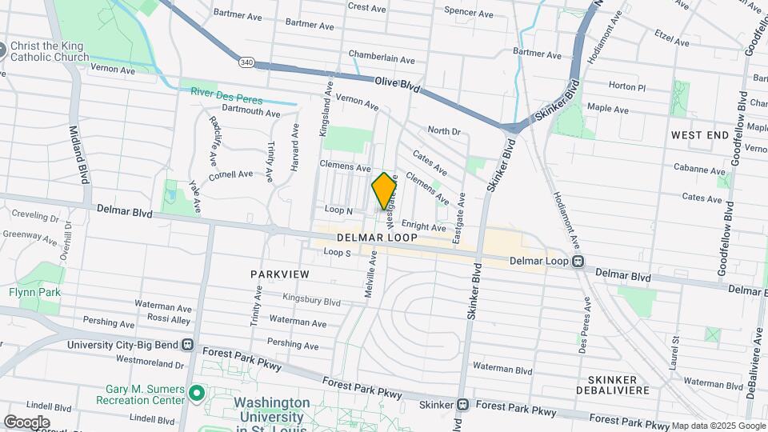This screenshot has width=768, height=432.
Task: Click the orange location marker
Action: pos(385,192)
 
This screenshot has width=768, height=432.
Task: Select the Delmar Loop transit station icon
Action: pos(578,262)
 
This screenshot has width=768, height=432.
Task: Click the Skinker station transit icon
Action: pos(463,405)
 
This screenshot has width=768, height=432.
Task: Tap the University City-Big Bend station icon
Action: pos(189,345)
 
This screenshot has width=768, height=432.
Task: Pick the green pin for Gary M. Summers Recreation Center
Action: pos(197,394)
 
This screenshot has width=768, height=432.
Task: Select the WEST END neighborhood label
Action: pos(700,135)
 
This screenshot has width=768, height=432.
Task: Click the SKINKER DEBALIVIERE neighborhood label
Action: pos(613,385)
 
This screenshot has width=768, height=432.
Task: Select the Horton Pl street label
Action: pos(626,86)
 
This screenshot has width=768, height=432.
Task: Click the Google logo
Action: pos(26,422)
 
